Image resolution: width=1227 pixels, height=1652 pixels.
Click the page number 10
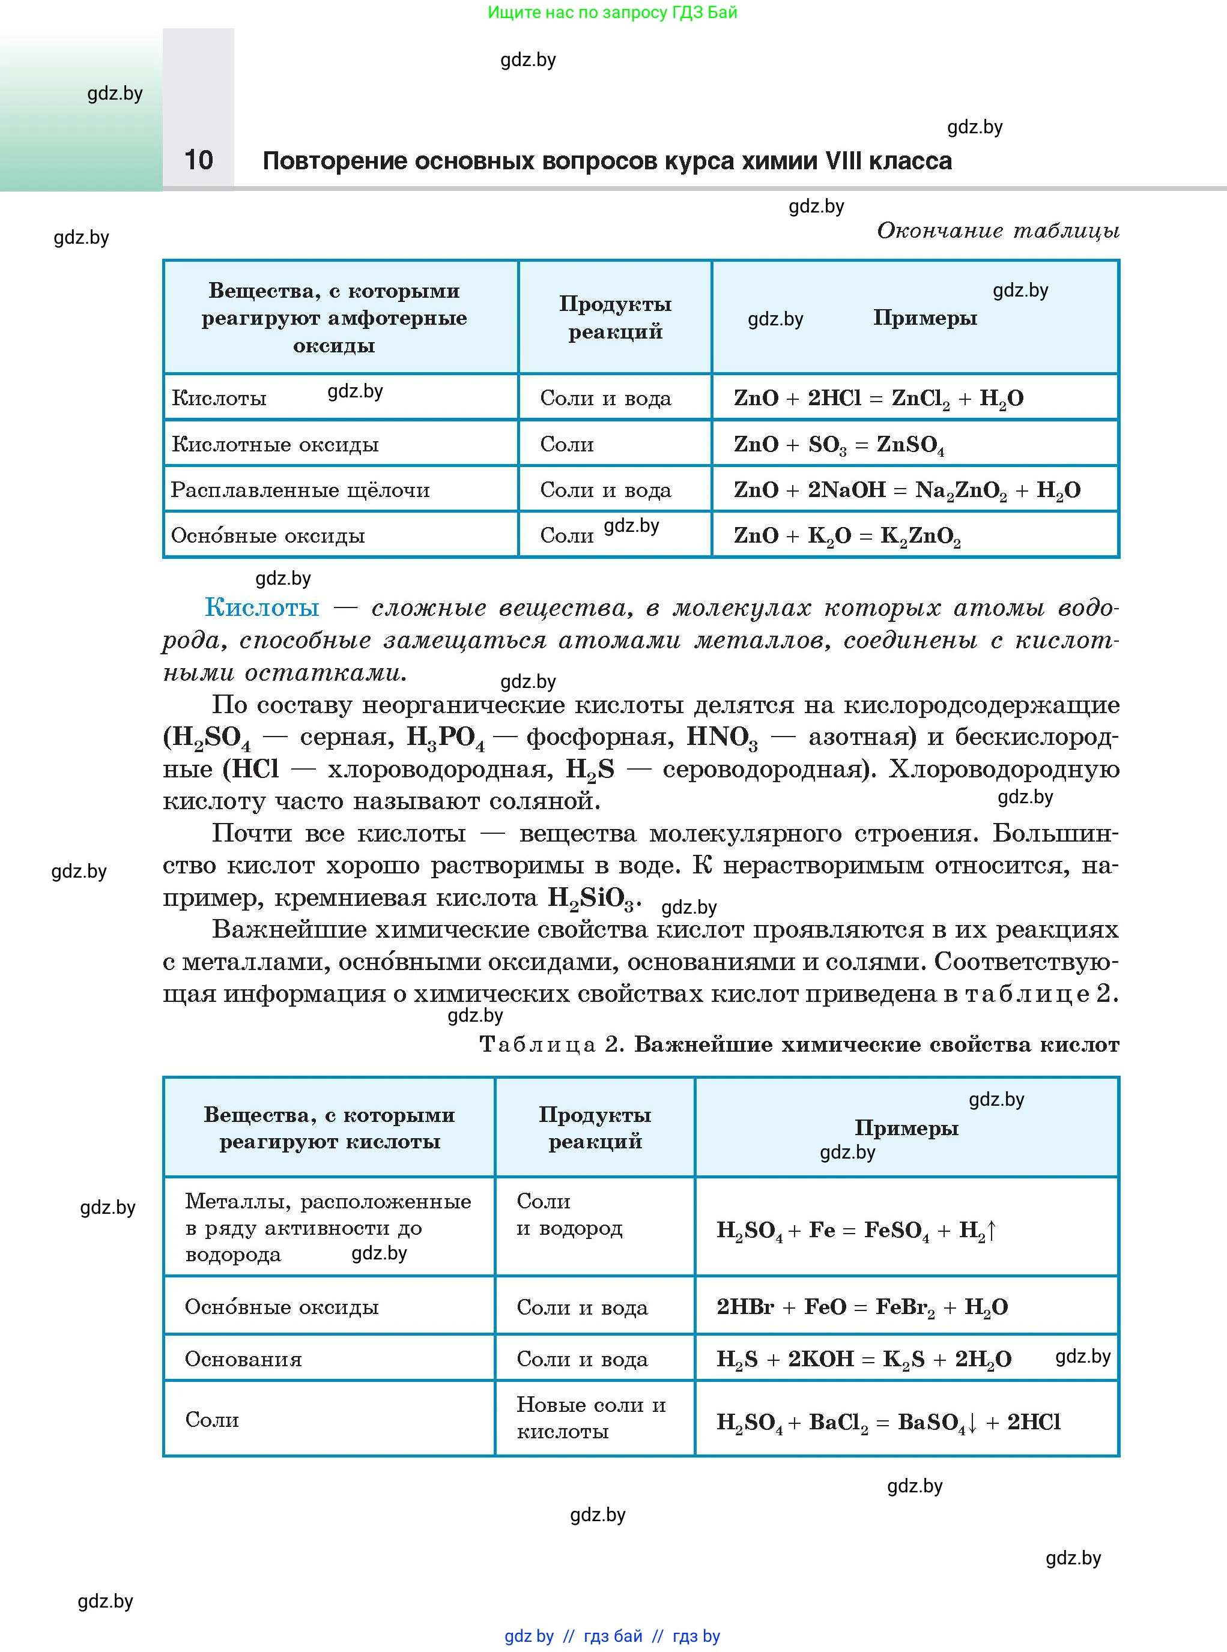pos(198,160)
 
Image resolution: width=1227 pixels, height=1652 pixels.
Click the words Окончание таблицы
pos(998,231)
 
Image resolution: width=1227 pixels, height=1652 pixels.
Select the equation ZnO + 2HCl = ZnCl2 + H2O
pos(878,399)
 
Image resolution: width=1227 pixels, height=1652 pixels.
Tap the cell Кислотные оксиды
pos(275,445)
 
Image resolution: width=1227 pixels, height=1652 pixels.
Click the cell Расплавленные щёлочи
pos(300,490)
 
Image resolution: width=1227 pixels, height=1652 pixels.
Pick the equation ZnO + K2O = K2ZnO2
pos(847,536)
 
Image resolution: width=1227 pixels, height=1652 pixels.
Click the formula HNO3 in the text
pos(721,737)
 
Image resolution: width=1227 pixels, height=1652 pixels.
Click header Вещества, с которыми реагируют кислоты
pos(329,1128)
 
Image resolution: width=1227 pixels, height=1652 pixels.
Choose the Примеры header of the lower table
pos(906,1128)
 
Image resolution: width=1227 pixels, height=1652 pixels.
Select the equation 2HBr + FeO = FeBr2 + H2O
pos(862,1307)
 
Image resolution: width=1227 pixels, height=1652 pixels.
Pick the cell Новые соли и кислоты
pos(590,1417)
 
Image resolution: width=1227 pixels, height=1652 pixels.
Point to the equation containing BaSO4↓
pos(888,1423)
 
